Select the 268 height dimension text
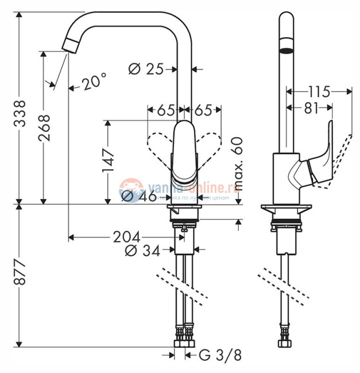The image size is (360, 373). tap(44, 127)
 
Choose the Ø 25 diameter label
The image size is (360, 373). tap(145, 69)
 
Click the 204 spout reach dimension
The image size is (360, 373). tap(127, 236)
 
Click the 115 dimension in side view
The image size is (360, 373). tap(318, 91)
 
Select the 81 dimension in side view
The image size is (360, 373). tap(311, 108)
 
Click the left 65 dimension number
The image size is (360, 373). tap(165, 108)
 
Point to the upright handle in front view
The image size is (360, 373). tap(184, 152)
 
